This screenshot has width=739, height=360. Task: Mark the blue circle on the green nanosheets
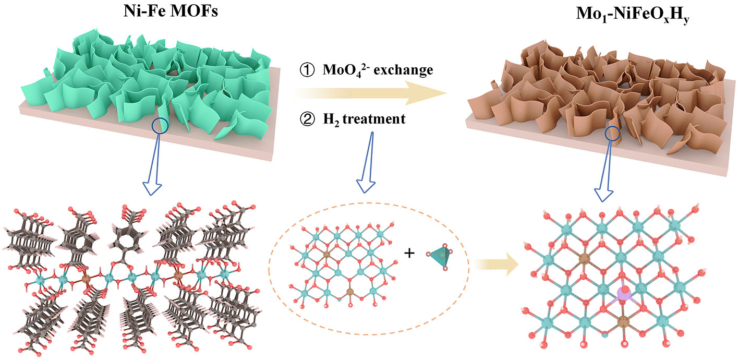pos(160,125)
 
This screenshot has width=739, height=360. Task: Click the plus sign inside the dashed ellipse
pos(410,254)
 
